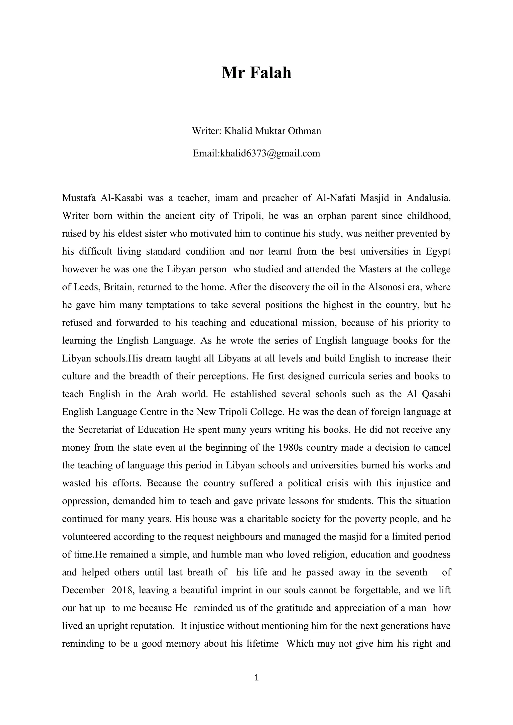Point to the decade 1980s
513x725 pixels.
287,447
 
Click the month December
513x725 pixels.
83,590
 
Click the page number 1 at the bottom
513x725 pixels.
256,678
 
